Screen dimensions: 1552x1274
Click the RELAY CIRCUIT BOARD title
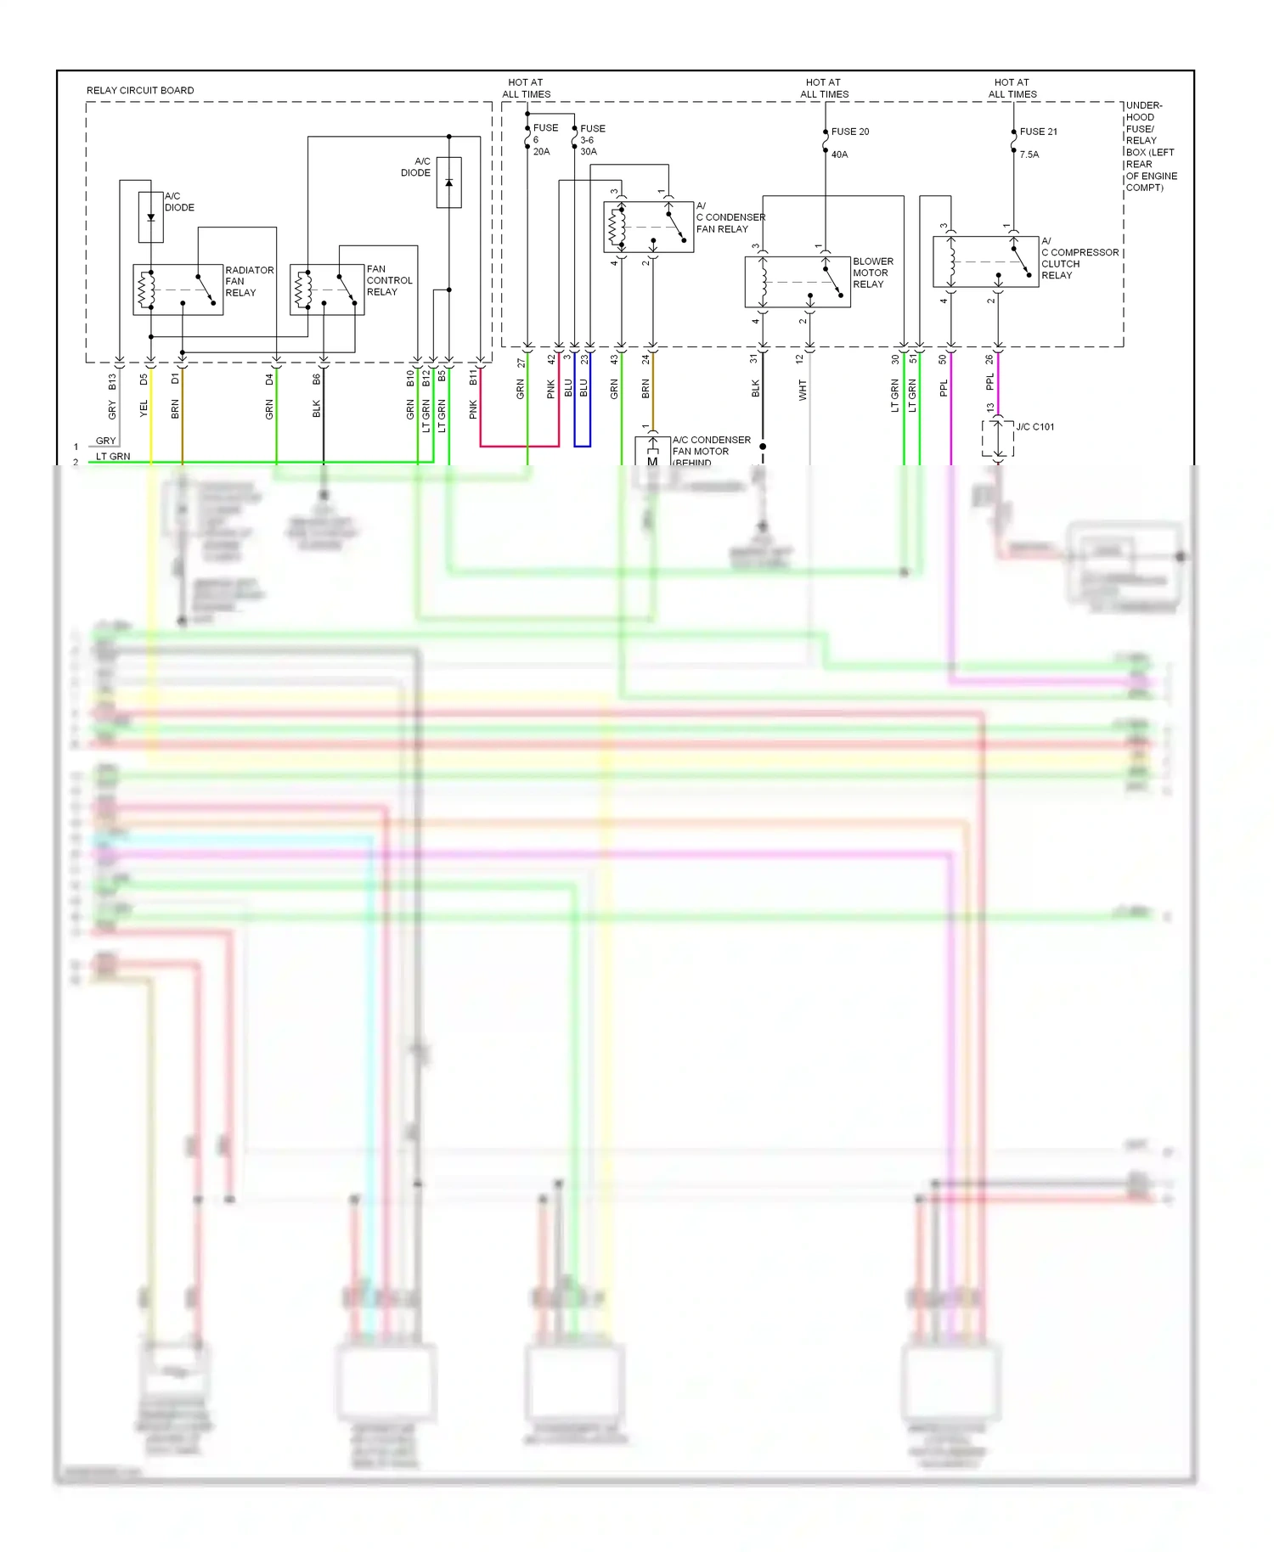point(140,90)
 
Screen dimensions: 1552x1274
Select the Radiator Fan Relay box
point(178,290)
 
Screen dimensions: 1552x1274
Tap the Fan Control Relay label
point(389,280)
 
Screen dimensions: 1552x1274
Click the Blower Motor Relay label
point(872,273)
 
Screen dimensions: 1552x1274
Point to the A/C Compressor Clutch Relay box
point(985,261)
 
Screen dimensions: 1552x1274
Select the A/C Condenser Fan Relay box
point(648,227)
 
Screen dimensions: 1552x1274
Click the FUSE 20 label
point(849,132)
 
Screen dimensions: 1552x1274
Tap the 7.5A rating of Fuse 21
point(1029,155)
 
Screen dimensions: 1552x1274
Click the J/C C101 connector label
point(1034,427)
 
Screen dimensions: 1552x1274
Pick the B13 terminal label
point(112,382)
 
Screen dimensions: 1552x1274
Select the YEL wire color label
point(144,408)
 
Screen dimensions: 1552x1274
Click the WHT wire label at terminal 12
point(802,391)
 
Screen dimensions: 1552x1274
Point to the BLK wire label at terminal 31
point(755,390)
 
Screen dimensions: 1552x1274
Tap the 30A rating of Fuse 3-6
point(589,152)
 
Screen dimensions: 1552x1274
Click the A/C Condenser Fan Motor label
point(710,451)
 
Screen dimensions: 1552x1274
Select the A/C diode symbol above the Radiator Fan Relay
point(150,217)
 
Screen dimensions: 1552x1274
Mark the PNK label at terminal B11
point(473,409)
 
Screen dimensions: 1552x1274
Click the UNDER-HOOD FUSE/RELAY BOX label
point(1150,146)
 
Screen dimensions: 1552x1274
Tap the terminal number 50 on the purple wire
point(943,360)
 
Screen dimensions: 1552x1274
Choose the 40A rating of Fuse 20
point(839,155)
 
